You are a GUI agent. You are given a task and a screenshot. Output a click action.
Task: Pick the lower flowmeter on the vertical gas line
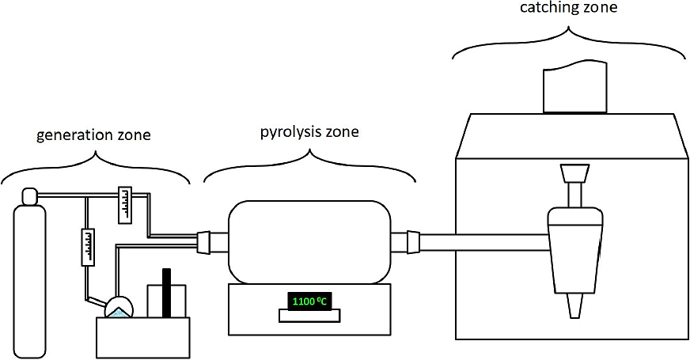pyautogui.click(x=87, y=247)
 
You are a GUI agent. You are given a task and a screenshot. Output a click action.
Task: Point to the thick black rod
pyautogui.click(x=166, y=293)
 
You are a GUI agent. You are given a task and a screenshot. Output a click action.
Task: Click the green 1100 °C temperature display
pyautogui.click(x=309, y=301)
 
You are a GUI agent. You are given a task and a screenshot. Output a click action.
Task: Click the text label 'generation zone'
pyautogui.click(x=93, y=135)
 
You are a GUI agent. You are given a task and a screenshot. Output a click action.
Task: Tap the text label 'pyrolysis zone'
pyautogui.click(x=309, y=131)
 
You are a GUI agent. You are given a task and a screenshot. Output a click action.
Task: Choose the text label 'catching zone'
pyautogui.click(x=568, y=8)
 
